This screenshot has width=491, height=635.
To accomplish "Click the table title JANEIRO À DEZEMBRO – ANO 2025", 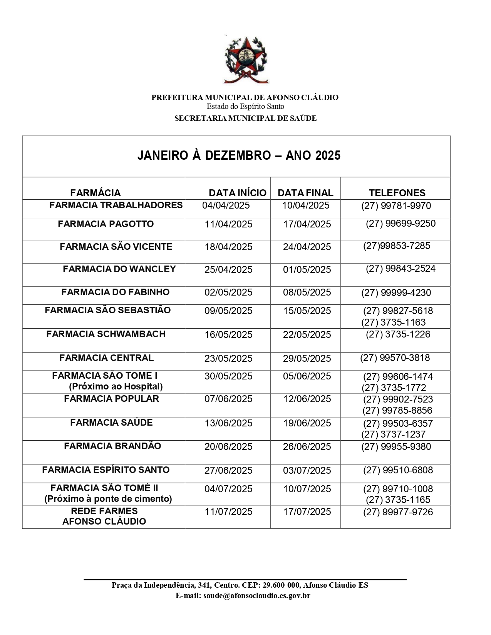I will click(x=239, y=155).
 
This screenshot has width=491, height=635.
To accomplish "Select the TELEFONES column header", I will click(x=397, y=193).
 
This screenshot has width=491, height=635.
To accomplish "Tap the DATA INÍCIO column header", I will click(x=237, y=193).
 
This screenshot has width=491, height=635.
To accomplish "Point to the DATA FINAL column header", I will click(x=305, y=193).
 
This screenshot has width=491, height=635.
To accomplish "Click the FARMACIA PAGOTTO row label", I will click(x=106, y=224).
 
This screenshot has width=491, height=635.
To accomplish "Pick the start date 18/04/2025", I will click(x=228, y=247).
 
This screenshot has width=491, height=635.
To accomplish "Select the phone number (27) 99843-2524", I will click(x=401, y=269).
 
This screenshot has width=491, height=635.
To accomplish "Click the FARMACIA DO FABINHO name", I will click(x=115, y=292).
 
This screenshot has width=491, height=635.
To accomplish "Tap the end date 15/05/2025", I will click(x=307, y=311).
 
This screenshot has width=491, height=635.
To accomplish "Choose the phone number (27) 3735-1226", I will click(x=398, y=334).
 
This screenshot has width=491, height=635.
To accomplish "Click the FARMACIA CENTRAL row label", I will click(x=106, y=358).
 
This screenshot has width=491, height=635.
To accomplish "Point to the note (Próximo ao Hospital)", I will click(x=116, y=386).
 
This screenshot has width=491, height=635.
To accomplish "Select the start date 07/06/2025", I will click(x=228, y=399).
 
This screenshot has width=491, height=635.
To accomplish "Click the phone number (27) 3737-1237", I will click(x=393, y=434).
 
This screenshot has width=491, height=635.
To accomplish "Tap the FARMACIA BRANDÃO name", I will click(x=112, y=446).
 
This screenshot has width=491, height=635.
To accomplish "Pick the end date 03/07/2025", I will click(x=307, y=470).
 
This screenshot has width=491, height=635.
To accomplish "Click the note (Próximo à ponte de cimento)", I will click(x=108, y=499).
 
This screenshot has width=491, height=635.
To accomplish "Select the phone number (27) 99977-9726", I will click(x=398, y=512).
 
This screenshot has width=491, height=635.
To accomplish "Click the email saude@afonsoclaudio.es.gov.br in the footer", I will click(x=256, y=596).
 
